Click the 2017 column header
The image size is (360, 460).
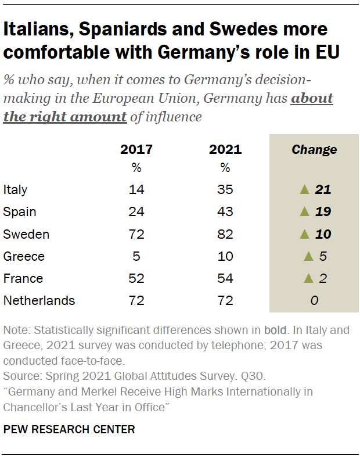coord(136,149)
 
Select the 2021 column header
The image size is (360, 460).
coord(225,149)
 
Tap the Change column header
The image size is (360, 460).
coord(314,149)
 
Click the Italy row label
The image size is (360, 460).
coord(15,189)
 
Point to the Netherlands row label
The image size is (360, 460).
coord(39,300)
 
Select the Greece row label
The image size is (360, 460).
coord(24,256)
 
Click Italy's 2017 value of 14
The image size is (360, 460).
coord(136,189)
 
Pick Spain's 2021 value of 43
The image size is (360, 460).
coord(225,211)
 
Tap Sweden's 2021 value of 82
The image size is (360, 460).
coord(225,234)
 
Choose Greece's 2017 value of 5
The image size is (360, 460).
coord(136,256)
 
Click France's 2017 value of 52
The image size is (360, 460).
coord(136,278)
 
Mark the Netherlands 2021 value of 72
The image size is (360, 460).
coord(225,300)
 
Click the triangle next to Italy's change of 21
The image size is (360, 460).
coord(303,189)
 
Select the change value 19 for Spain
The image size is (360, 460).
coord(322,211)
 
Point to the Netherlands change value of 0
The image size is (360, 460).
coord(314,300)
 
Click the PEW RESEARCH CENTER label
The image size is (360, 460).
coord(69,430)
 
